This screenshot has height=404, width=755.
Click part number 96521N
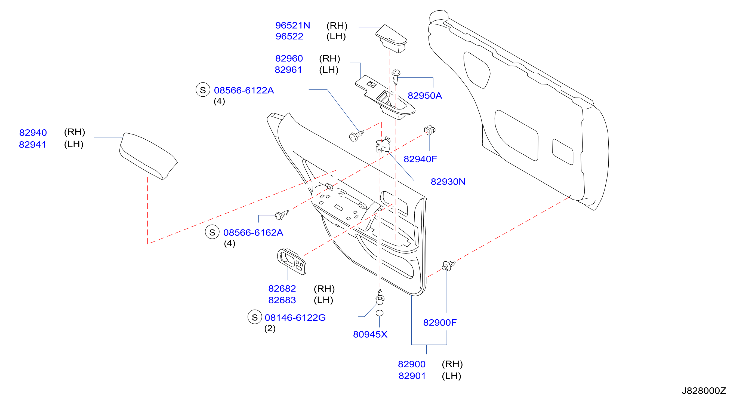292,26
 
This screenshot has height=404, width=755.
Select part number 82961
288,70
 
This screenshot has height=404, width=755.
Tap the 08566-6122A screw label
244,90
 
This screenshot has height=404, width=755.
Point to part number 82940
33,133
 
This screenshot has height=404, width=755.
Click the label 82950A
425,96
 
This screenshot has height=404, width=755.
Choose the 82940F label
420,159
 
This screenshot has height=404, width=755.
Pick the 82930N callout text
448,182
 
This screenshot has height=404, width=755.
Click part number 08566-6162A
253,232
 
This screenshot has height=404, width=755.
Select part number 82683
282,300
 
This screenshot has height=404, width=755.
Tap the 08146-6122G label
295,317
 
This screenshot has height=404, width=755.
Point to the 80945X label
370,334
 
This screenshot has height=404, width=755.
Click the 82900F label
440,323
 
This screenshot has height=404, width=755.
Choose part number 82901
412,376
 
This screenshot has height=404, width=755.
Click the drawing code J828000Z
704,390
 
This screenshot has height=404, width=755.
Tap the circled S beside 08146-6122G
255,317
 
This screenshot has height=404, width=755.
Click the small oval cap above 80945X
380,313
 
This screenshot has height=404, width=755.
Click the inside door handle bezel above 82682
292,262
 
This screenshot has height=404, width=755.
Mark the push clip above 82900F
448,266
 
